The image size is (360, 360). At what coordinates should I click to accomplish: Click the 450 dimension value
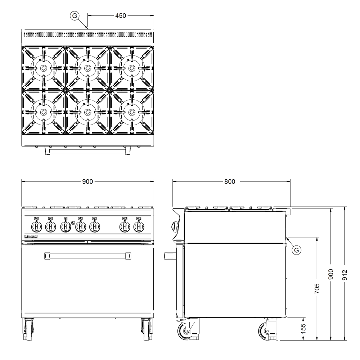121,15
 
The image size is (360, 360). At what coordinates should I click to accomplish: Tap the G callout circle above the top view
75,15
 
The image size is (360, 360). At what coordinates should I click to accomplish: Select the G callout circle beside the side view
296,250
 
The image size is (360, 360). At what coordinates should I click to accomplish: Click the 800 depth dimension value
230,181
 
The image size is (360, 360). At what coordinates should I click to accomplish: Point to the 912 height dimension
345,275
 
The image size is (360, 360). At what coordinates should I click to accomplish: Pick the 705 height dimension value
317,289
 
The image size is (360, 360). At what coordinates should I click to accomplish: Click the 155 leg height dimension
303,329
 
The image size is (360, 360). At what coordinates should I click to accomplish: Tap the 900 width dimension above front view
87,181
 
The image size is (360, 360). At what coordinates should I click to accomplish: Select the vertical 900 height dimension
331,274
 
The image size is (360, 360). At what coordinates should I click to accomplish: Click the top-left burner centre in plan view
43,68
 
